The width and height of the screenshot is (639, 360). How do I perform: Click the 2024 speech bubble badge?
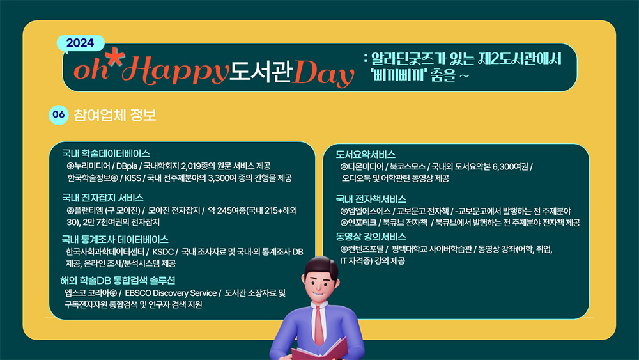[x=81, y=43]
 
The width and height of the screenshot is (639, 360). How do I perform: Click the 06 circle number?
[x=59, y=114]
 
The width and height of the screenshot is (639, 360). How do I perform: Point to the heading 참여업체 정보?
[x=115, y=115]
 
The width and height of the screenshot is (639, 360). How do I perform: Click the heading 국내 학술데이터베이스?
[x=106, y=153]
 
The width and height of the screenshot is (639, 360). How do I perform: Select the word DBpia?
[x=127, y=166]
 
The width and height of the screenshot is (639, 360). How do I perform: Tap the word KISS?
[x=132, y=178]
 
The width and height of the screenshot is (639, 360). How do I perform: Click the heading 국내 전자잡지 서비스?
[x=103, y=198]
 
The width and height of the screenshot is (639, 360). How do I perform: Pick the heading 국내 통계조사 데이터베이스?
[x=115, y=240]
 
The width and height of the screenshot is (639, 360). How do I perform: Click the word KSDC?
[x=162, y=252]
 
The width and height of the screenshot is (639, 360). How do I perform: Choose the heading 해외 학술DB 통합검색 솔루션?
[x=118, y=281]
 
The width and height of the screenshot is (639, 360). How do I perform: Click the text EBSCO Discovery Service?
[x=171, y=293]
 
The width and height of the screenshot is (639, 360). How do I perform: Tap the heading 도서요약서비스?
[x=366, y=155]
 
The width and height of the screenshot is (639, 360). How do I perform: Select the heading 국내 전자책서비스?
[x=371, y=200]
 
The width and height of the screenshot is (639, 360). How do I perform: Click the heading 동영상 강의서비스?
[x=371, y=237]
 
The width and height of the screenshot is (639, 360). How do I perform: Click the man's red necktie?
[x=318, y=325]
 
